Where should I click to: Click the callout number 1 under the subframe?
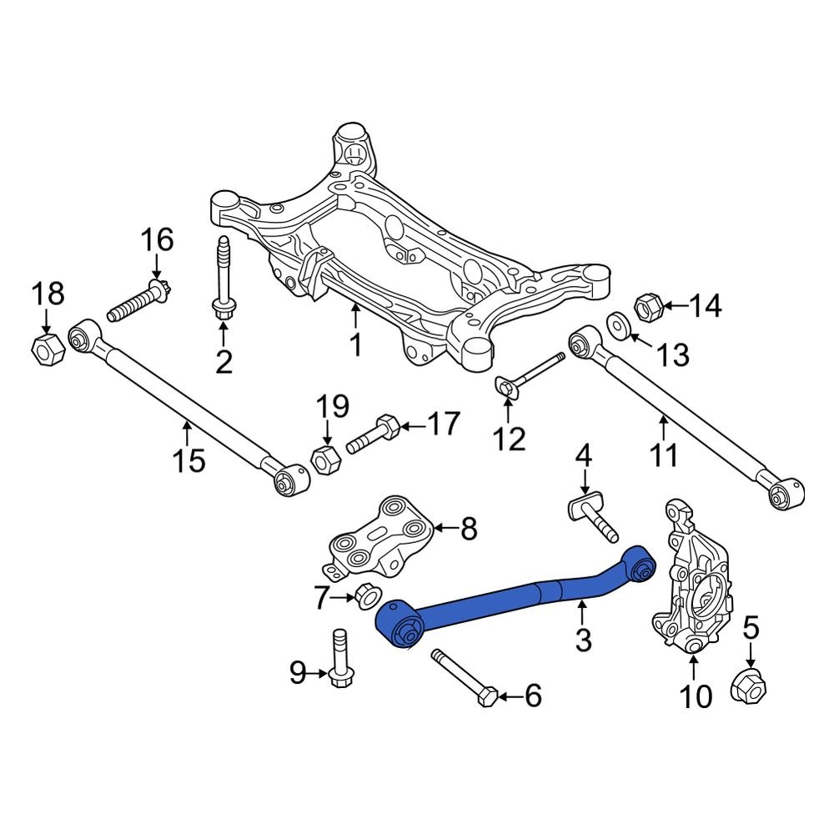click(355, 344)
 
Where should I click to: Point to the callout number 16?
click(157, 240)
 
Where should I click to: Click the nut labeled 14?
click(650, 308)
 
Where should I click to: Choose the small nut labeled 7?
click(365, 596)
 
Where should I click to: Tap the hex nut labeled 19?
click(324, 458)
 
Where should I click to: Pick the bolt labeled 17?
click(374, 435)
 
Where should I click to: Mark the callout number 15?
click(190, 459)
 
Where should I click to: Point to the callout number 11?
click(664, 455)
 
